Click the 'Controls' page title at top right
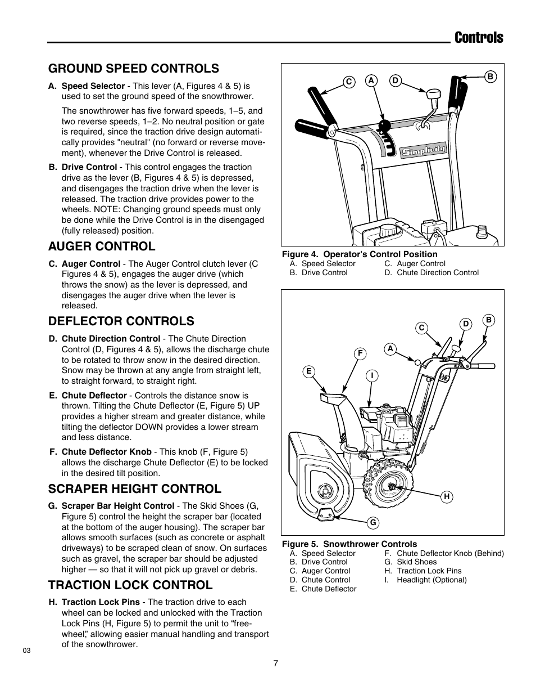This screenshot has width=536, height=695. click(x=479, y=38)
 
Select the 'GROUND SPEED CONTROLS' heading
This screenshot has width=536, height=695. click(x=134, y=68)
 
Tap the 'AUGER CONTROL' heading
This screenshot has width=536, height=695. click(x=102, y=246)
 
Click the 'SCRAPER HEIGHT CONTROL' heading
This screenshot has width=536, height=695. click(x=135, y=488)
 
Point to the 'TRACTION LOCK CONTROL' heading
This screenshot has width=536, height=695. click(x=130, y=585)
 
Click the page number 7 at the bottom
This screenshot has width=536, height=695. click(x=275, y=663)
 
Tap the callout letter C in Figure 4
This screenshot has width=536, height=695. click(x=348, y=82)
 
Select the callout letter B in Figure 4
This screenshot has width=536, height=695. click(x=489, y=77)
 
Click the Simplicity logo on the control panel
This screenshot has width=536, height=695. click(x=424, y=150)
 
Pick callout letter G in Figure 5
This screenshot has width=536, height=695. click(x=372, y=523)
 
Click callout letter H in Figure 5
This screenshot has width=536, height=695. click(x=447, y=496)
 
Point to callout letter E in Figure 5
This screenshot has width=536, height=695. click(x=308, y=371)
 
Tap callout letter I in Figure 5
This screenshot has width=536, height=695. click(x=371, y=375)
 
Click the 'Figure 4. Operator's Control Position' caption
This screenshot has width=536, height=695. click(x=360, y=254)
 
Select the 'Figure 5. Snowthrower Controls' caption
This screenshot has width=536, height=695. click(x=349, y=544)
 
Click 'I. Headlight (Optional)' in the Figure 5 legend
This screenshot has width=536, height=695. click(x=425, y=580)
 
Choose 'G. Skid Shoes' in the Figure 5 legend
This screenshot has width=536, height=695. click(x=410, y=562)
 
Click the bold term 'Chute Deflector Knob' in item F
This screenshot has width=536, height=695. click(x=106, y=452)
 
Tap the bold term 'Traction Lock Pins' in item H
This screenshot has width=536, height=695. click(x=101, y=602)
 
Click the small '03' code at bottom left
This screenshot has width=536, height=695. click(x=26, y=651)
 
